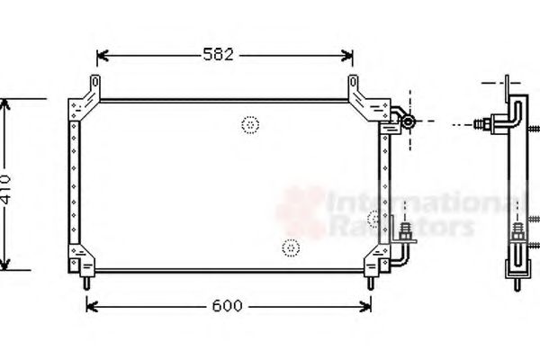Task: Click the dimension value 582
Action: pyautogui.click(x=223, y=56)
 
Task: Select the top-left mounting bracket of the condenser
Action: pyautogui.click(x=87, y=97)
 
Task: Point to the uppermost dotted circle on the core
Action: pyautogui.click(x=250, y=124)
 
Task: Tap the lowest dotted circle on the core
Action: pyautogui.click(x=290, y=247)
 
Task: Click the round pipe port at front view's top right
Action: pyautogui.click(x=407, y=121)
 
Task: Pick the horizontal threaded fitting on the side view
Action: pyautogui.click(x=490, y=122)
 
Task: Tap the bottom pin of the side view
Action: pyautogui.click(x=517, y=284)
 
